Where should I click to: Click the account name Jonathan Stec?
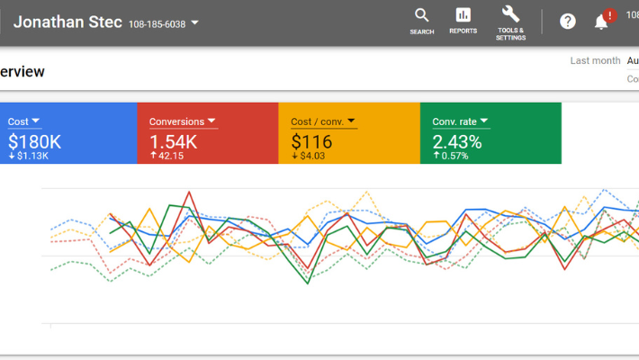[x=67, y=22]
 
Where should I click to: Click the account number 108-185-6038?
[x=157, y=24]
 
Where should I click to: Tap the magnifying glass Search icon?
[x=421, y=14]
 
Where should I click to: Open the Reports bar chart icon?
[x=463, y=14]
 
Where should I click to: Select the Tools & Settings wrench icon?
[x=510, y=13]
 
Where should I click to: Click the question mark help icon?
[x=568, y=21]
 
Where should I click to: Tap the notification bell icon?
[x=601, y=22]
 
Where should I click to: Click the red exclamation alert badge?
[x=610, y=15]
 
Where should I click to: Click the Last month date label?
[x=595, y=60]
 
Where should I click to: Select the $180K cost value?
[x=34, y=141]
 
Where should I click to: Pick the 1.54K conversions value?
[x=173, y=141]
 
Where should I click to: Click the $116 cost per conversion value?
[x=311, y=141]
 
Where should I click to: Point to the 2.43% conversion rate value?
[x=456, y=141]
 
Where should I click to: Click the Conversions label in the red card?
[x=176, y=121]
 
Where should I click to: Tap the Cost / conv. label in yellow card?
[x=317, y=121]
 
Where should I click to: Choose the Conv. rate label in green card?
[x=454, y=121]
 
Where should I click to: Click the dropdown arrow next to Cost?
[x=36, y=121]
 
